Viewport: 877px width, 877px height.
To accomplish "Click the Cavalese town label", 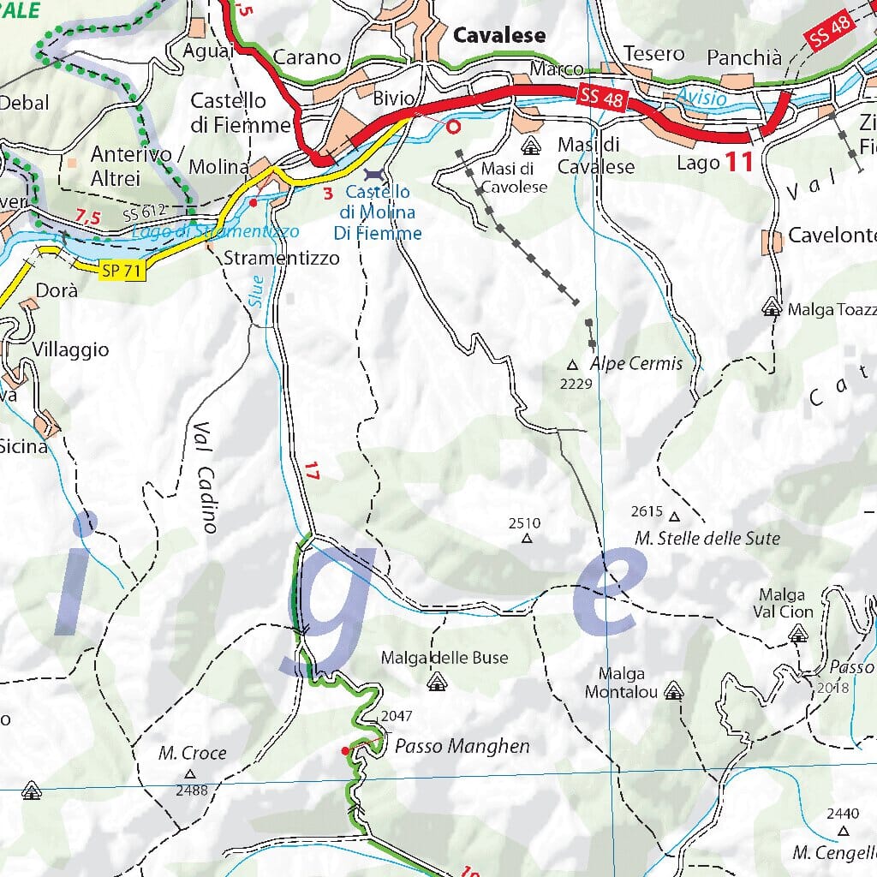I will click(499, 35).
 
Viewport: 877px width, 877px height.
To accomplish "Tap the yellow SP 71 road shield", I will click(122, 271).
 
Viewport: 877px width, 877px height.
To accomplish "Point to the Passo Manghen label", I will click(462, 746).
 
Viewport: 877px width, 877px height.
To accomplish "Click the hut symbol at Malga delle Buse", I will click(437, 682).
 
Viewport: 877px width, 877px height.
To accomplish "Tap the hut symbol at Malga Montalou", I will click(674, 690).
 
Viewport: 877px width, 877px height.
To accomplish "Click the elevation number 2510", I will click(524, 523).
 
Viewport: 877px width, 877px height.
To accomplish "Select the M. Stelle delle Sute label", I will click(707, 539).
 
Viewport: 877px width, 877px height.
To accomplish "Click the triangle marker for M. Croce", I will click(189, 773).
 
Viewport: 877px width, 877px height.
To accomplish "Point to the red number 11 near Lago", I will click(739, 161).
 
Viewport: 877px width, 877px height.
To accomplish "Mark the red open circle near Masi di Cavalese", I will click(454, 127).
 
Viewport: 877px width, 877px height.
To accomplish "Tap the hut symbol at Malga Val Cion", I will click(798, 634).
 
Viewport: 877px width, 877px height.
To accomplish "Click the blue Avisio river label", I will click(701, 98).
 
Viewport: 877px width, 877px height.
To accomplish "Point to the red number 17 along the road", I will click(312, 470).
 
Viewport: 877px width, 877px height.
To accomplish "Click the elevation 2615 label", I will click(647, 512).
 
